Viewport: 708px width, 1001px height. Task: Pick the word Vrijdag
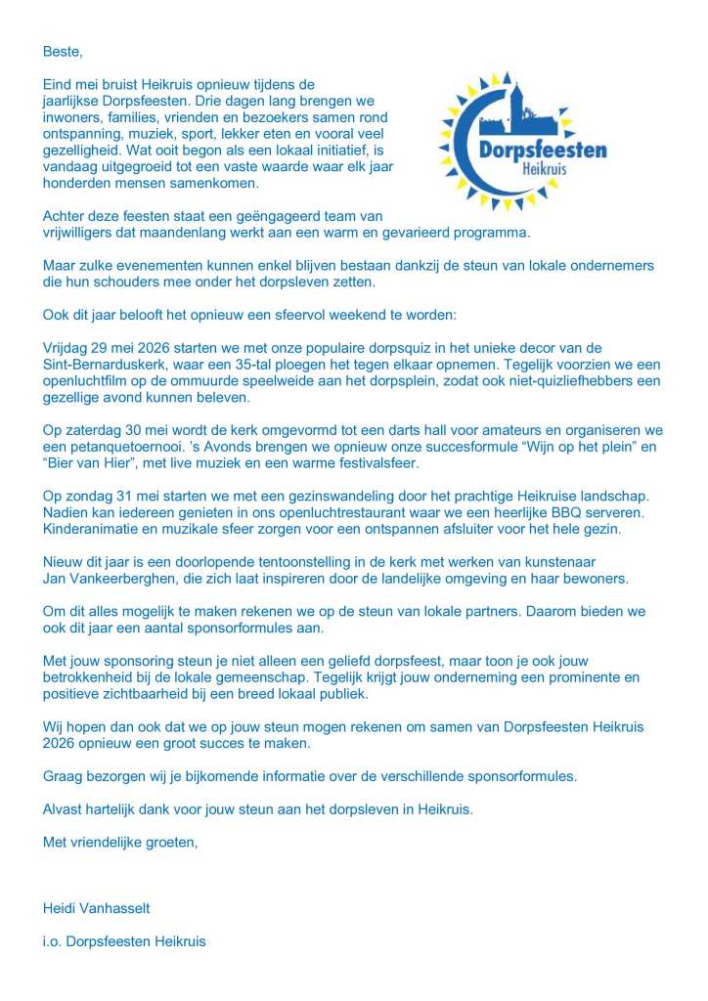click(x=66, y=348)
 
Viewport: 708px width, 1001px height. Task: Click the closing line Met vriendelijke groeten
click(x=120, y=841)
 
